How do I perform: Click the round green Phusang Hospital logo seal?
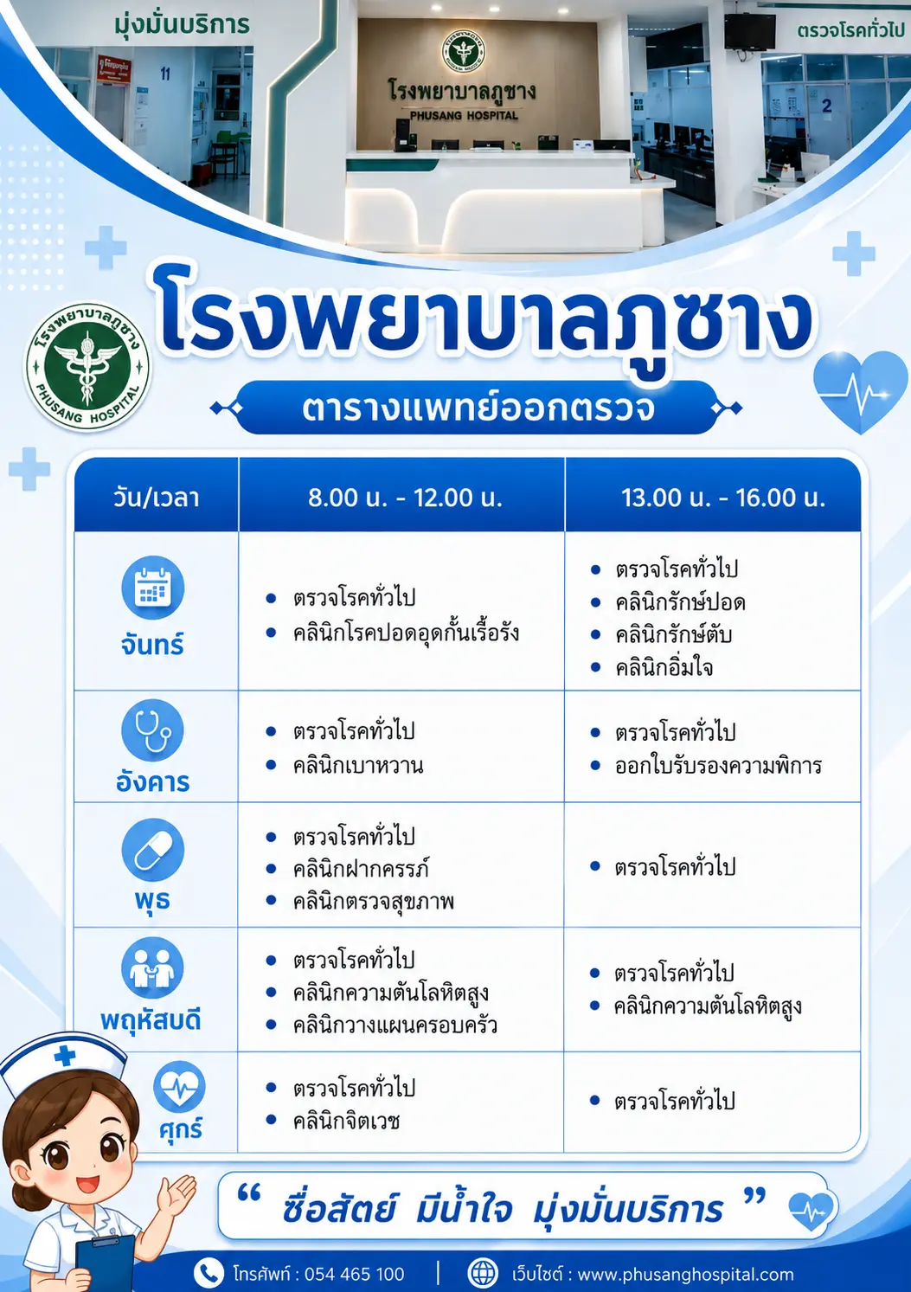tap(87, 367)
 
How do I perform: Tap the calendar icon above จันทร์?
tap(153, 588)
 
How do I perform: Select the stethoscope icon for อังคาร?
tap(153, 730)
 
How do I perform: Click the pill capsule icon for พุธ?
tap(153, 850)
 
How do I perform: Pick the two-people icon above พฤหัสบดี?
tap(153, 967)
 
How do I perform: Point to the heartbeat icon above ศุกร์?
tap(179, 1087)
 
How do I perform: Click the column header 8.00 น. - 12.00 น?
tap(405, 498)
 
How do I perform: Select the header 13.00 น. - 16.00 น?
tap(723, 498)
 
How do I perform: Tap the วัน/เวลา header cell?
tap(157, 498)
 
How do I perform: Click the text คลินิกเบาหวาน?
tap(358, 766)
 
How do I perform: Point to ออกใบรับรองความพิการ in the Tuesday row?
tap(718, 766)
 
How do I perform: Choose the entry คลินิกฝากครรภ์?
tap(361, 869)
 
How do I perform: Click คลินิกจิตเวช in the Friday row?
tap(346, 1122)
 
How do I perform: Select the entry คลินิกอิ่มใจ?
tap(664, 667)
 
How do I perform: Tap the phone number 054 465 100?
tap(354, 1274)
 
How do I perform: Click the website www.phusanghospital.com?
tap(685, 1274)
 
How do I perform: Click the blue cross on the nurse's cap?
tap(65, 1056)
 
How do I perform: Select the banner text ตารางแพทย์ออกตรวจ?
tap(478, 408)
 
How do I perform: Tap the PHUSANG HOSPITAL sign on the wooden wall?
tap(464, 115)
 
